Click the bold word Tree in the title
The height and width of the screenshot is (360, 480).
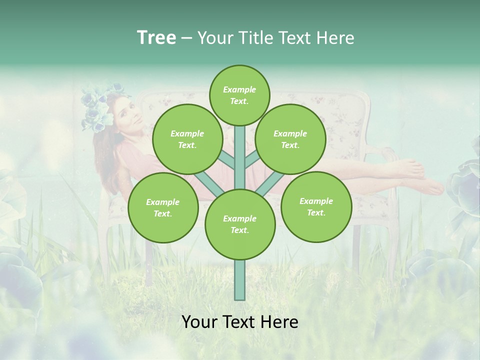tap(156, 37)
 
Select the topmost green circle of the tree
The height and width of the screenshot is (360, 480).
tap(239, 95)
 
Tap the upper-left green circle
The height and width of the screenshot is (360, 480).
tap(187, 139)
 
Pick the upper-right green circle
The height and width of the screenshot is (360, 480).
tap(290, 139)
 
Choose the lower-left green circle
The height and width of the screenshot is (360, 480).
tap(163, 207)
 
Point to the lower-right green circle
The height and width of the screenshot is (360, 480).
tap(316, 206)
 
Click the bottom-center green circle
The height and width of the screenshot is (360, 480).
tap(240, 224)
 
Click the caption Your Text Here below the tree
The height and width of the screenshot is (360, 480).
tap(240, 322)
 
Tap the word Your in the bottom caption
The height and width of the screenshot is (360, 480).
tap(198, 322)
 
